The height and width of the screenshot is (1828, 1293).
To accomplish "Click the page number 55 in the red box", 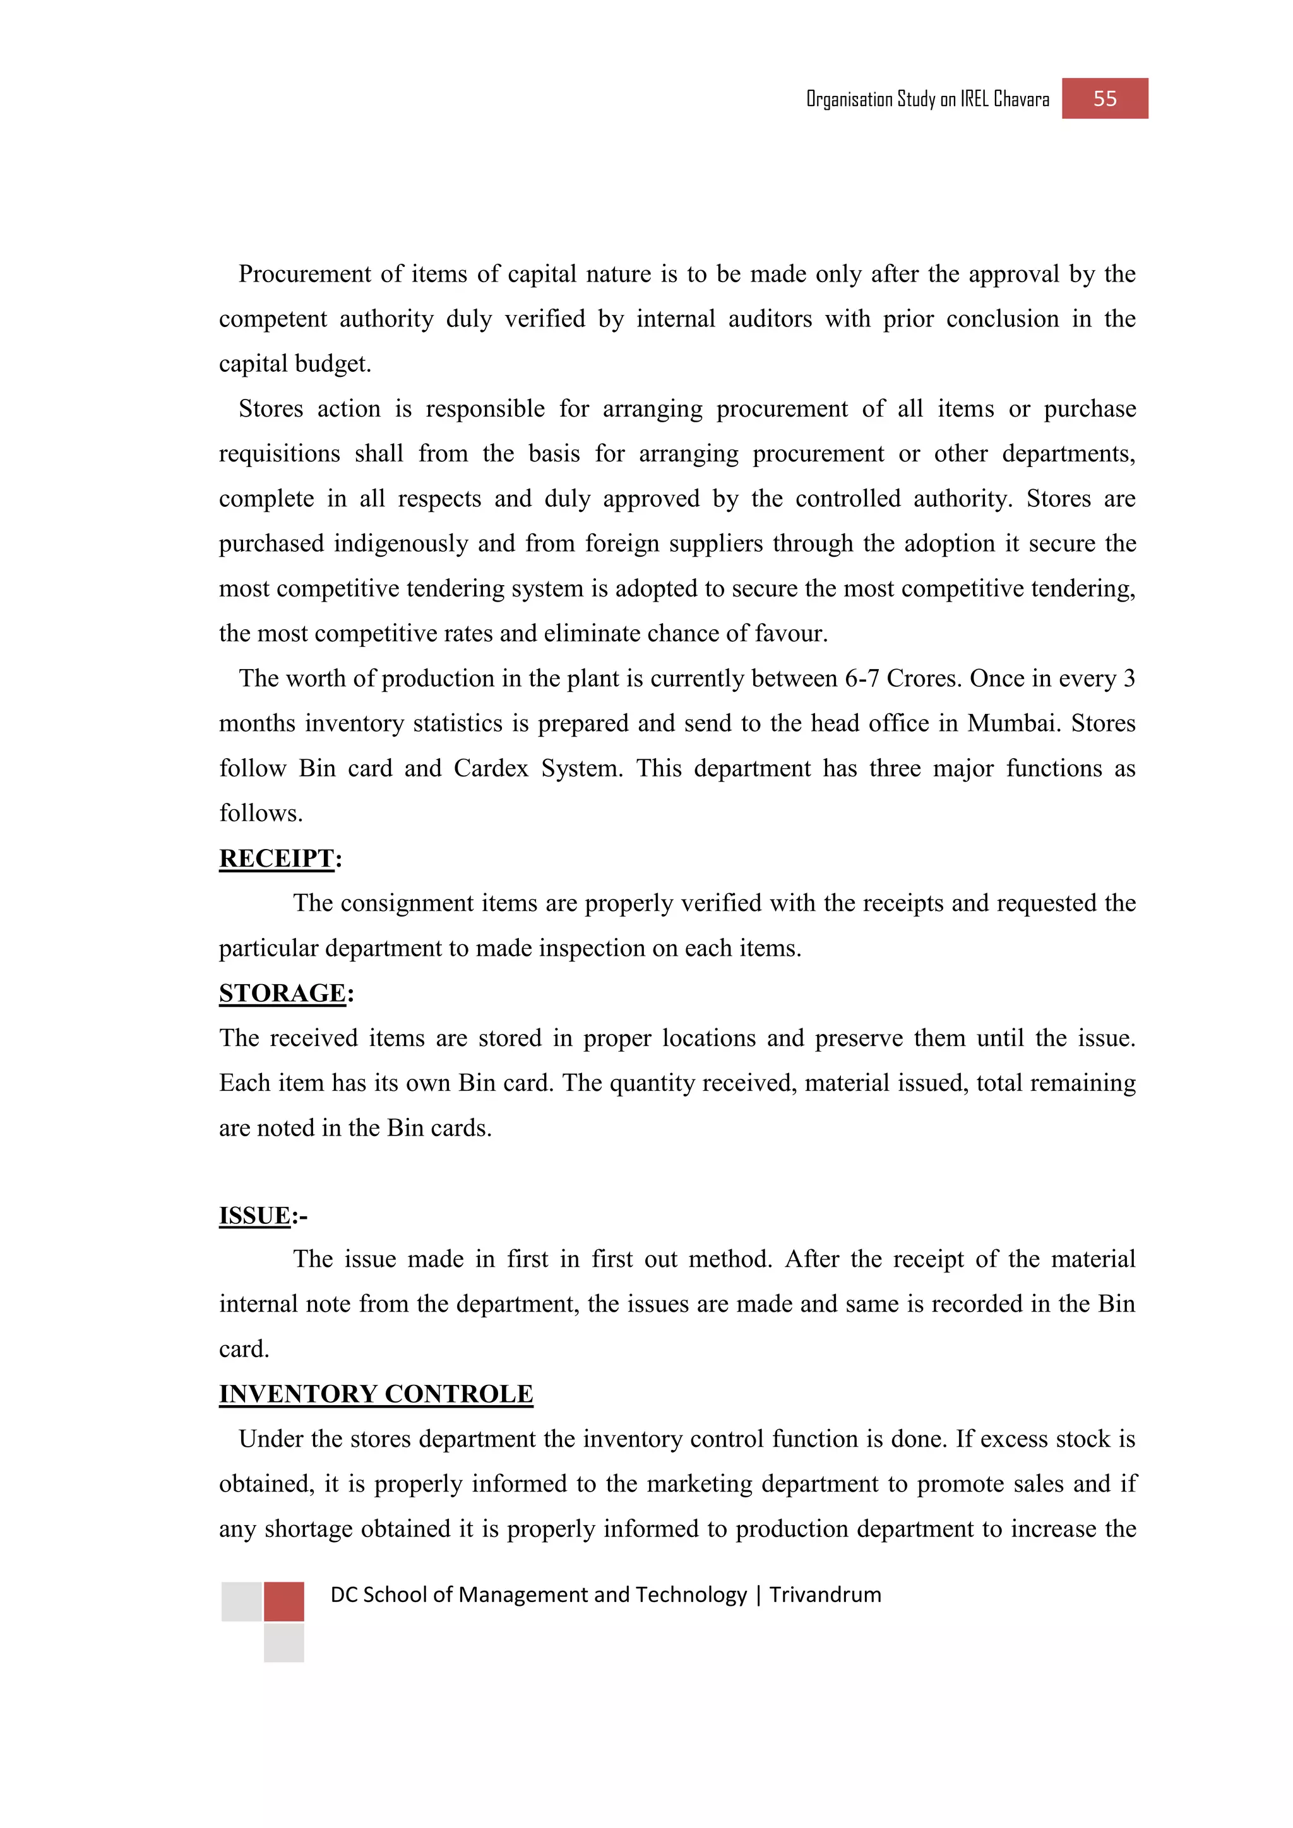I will (1104, 98).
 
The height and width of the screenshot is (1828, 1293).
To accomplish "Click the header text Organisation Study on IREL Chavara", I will (927, 100).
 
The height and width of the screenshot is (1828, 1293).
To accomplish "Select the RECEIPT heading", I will (277, 858).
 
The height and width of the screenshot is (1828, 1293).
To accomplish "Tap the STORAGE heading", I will (283, 993).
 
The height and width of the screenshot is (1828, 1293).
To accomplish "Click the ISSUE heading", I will (255, 1216).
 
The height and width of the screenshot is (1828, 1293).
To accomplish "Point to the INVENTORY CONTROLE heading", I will (376, 1394).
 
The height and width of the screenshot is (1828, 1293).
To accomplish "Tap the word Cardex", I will (491, 768).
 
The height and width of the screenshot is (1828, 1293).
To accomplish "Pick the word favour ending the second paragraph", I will (788, 634).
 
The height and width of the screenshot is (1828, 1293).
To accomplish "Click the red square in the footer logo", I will (283, 1601).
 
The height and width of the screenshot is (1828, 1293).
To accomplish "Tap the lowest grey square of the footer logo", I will (283, 1643).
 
